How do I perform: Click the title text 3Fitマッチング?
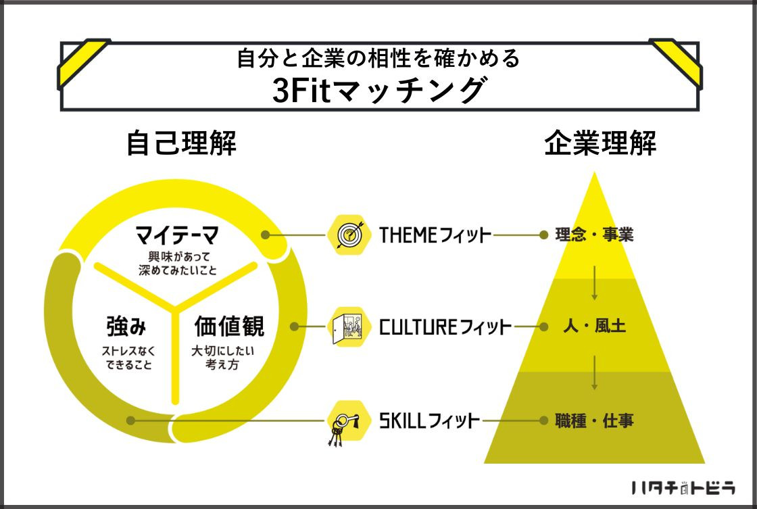click(x=378, y=90)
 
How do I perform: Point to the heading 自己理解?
click(x=182, y=143)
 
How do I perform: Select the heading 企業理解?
click(x=600, y=143)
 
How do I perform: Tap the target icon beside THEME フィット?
click(x=349, y=235)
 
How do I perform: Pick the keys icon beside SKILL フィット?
click(x=347, y=422)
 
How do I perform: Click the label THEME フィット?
click(x=435, y=235)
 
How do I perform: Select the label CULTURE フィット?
click(x=445, y=327)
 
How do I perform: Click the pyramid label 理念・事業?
click(x=594, y=235)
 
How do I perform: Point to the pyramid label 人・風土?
click(x=594, y=326)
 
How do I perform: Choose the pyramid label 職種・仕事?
click(x=594, y=420)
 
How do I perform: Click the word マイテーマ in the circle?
click(x=176, y=235)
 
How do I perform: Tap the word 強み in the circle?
click(x=126, y=326)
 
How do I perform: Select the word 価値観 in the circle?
click(x=229, y=326)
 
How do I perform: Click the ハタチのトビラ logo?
click(x=683, y=488)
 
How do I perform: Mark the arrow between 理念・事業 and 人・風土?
click(x=594, y=283)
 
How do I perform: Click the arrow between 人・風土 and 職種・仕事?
click(x=594, y=373)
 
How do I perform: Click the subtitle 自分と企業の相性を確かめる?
click(x=378, y=58)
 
